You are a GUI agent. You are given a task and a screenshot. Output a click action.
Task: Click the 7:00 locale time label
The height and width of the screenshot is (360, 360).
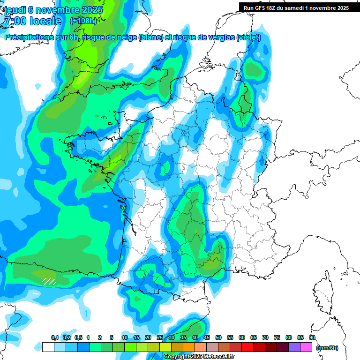pyautogui.click(x=32, y=21)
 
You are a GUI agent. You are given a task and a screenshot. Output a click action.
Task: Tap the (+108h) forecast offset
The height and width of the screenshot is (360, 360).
pyautogui.click(x=83, y=21)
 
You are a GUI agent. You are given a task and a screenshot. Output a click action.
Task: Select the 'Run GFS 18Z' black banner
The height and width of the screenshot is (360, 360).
pyautogui.click(x=296, y=8)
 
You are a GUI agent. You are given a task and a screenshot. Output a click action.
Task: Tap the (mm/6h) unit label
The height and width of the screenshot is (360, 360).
pyautogui.click(x=327, y=347)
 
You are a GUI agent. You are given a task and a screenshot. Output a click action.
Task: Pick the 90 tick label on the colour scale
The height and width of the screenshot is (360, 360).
pyautogui.click(x=312, y=338)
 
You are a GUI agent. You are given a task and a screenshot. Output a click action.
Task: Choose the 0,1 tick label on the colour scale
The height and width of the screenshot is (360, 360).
pyautogui.click(x=54, y=338)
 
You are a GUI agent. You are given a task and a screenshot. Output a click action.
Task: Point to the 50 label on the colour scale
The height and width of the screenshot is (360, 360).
pyautogui.click(x=218, y=338)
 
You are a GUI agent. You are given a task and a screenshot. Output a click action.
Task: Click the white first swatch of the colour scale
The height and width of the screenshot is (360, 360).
pyautogui.click(x=48, y=347)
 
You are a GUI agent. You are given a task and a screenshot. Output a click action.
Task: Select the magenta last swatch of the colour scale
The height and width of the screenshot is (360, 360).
pyautogui.click(x=307, y=347)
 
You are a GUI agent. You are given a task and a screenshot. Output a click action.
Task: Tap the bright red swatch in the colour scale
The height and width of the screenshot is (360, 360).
pyautogui.click(x=247, y=347)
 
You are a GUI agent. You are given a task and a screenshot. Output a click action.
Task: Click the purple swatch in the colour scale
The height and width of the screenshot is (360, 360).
pyautogui.click(x=294, y=347)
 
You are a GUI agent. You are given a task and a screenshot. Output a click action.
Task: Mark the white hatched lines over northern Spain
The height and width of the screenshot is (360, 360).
pyautogui.click(x=49, y=281)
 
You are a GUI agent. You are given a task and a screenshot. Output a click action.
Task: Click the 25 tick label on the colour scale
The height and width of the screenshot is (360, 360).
pyautogui.click(x=160, y=338)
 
